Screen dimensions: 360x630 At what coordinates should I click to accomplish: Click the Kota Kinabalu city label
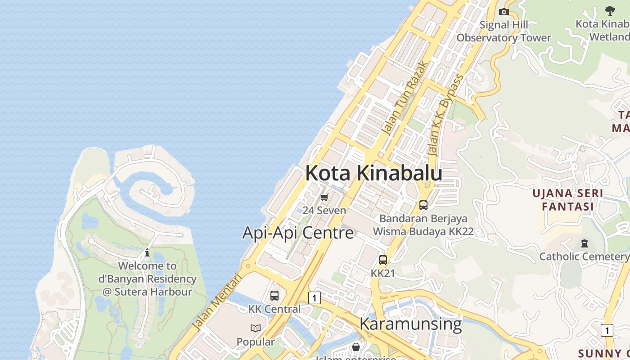point(373,173)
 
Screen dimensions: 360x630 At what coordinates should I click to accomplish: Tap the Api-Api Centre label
point(298,233)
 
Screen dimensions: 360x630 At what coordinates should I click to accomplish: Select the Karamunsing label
point(410,324)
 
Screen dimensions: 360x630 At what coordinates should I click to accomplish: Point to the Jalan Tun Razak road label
point(404,98)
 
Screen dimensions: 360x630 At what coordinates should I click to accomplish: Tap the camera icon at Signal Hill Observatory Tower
point(504,12)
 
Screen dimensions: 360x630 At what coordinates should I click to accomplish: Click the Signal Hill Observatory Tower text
point(504,31)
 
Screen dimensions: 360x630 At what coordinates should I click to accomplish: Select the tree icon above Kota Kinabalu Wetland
point(610,10)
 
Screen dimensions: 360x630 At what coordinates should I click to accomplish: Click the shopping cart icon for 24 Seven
point(324,197)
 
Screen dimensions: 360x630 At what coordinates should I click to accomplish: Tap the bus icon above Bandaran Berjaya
point(423,205)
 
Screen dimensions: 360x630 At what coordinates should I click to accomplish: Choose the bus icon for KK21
point(383,260)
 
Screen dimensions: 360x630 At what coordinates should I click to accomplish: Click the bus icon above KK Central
point(274,296)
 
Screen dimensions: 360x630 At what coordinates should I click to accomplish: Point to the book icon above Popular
point(256,328)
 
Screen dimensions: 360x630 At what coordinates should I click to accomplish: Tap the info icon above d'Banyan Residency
point(147,252)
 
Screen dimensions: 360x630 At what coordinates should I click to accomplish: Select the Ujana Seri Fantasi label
point(567,200)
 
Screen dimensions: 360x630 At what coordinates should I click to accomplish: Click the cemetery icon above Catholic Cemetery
point(584,243)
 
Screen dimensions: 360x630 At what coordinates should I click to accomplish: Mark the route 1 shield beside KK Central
point(315,297)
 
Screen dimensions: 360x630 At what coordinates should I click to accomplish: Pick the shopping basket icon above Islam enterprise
point(356,347)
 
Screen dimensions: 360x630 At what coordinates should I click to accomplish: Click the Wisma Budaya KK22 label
point(423,231)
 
